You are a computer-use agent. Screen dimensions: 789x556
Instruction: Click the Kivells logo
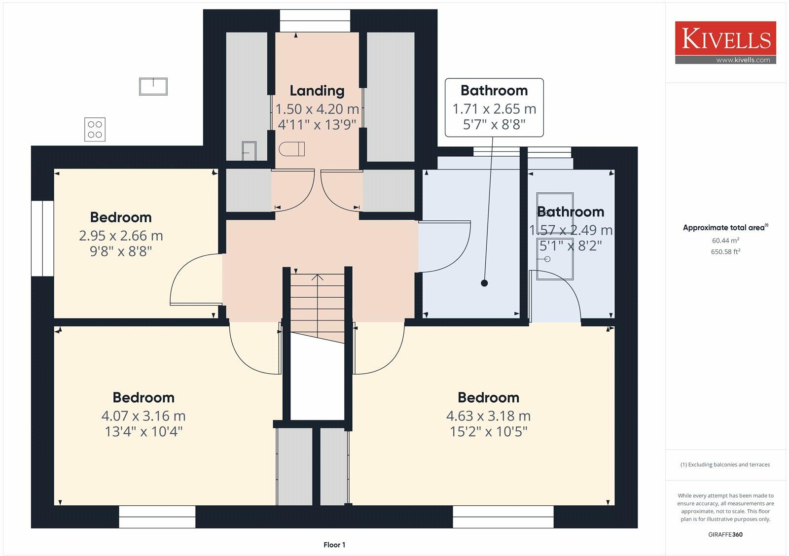[x=725, y=42]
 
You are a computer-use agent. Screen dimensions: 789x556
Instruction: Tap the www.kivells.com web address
[x=743, y=60]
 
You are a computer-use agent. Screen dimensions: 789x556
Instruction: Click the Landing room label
[x=317, y=91]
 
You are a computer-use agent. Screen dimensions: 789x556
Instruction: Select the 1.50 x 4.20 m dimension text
[x=317, y=109]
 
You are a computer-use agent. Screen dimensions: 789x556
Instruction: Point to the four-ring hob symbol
[x=95, y=129]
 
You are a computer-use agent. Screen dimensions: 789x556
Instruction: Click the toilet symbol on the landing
[x=291, y=149]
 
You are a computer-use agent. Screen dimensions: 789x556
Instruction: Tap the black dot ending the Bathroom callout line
[x=484, y=283]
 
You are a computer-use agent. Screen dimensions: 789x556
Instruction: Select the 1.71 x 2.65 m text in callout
[x=494, y=109]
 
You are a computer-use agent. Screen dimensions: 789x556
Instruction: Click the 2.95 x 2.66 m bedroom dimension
[x=121, y=236]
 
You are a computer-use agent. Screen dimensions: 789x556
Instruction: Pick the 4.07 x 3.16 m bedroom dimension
[x=143, y=416]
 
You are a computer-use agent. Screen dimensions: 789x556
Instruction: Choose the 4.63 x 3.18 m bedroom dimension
[x=488, y=416]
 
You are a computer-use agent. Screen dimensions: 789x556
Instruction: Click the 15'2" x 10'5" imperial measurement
[x=489, y=432]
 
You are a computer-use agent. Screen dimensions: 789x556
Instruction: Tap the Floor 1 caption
[x=334, y=545]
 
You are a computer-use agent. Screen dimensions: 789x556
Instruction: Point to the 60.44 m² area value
[x=725, y=241]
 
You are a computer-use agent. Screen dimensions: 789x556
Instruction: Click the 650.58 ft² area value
[x=725, y=252]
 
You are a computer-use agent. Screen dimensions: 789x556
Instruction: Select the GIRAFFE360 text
[x=725, y=534]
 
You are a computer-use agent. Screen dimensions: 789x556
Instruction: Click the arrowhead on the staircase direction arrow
[x=318, y=277]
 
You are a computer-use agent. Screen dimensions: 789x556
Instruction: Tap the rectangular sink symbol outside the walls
[x=153, y=87]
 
